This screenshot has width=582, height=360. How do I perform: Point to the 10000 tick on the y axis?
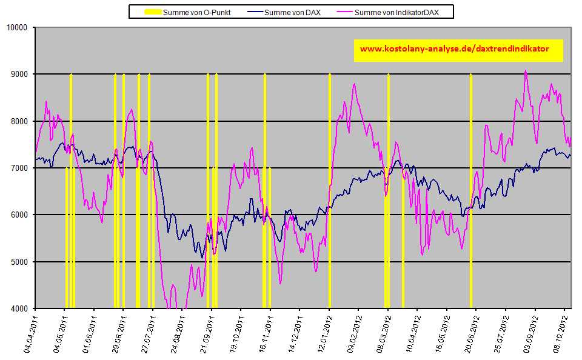[x=18, y=27]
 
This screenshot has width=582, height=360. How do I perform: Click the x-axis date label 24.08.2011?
[x=176, y=333]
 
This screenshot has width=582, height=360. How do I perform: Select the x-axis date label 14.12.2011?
[x=293, y=333]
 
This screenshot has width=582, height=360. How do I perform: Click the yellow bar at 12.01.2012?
[x=330, y=194]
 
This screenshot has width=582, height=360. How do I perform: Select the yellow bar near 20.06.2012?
[x=471, y=194]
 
